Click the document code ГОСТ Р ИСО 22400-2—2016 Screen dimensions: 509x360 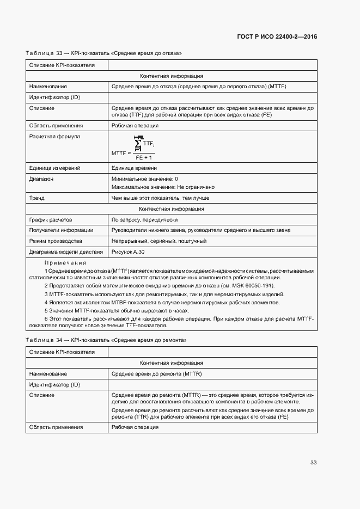pyautogui.click(x=277, y=37)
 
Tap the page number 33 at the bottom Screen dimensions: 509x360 pyautogui.click(x=313, y=462)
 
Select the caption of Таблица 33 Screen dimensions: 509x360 pyautogui.click(x=103, y=53)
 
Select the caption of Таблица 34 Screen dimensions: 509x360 pyautogui.click(x=106, y=340)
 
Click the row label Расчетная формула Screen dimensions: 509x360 pyautogui.click(x=54, y=137)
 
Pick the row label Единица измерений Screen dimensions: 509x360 pyautogui.click(x=54, y=168)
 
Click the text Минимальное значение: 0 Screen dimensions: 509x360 pyautogui.click(x=144, y=179)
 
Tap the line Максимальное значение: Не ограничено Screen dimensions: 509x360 pyautogui.click(x=163, y=187)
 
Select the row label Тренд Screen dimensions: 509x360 pyautogui.click(x=37, y=198)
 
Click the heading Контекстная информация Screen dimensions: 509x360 pyautogui.click(x=172, y=208)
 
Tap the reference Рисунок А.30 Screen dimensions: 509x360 pyautogui.click(x=128, y=252)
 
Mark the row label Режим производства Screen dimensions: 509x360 pyautogui.click(x=56, y=241)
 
